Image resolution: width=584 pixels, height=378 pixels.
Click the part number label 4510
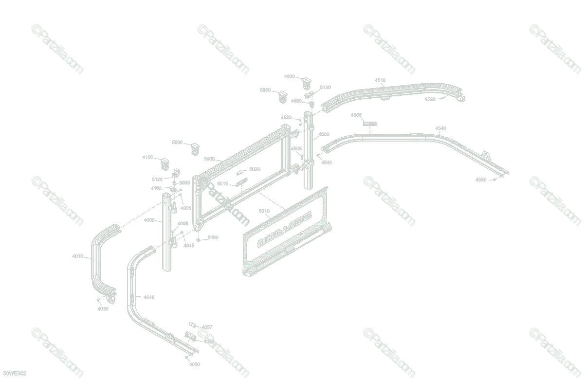point(380,80)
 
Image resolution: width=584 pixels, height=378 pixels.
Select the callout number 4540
point(440,128)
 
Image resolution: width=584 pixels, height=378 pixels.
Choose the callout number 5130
point(325,88)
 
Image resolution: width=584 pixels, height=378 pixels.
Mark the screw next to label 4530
point(443,98)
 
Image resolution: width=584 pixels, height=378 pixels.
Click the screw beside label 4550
point(494,179)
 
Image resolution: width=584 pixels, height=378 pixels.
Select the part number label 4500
point(324,134)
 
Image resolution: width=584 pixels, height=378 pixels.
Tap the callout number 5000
point(209,159)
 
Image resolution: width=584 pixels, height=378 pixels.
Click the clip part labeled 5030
point(195,148)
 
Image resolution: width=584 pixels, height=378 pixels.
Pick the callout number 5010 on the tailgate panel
point(264,211)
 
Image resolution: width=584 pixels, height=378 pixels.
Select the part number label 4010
point(77,256)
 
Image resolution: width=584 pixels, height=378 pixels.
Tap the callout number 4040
point(149,297)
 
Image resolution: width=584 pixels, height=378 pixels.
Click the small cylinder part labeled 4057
point(192,324)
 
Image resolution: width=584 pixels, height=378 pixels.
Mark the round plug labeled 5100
point(200,239)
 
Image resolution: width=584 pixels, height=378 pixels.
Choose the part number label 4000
point(149,220)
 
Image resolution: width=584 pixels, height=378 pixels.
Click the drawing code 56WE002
point(14,373)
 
